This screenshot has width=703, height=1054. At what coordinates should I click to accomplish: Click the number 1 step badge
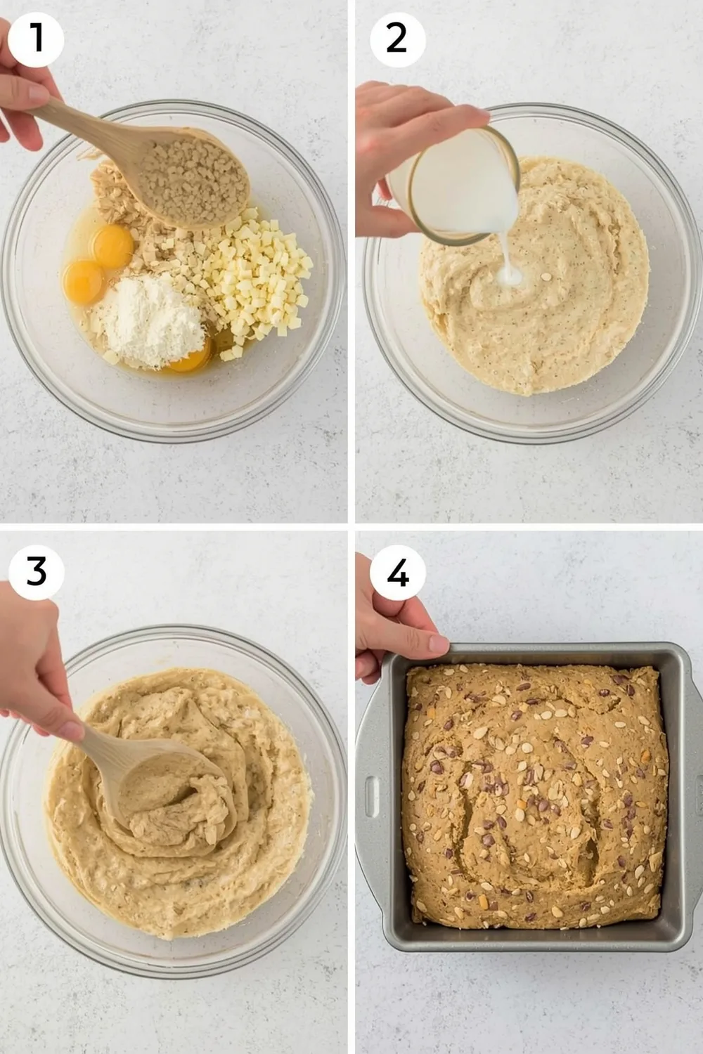click(36, 39)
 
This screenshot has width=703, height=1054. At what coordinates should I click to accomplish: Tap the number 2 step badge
click(396, 39)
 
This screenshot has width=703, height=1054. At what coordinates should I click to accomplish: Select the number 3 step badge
click(36, 572)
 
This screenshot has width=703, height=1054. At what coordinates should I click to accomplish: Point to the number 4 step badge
click(397, 575)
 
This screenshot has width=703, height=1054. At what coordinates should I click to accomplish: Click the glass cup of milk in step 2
click(457, 183)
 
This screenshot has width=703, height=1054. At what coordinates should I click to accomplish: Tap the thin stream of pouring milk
click(508, 253)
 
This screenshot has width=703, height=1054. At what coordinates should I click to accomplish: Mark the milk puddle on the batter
click(512, 279)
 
